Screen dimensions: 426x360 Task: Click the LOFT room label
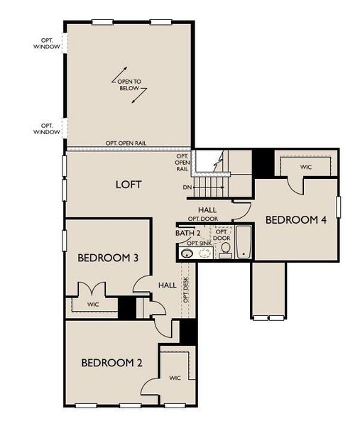[x=129, y=185]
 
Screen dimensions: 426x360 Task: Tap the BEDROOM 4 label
[x=296, y=220]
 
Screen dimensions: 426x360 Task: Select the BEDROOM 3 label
[x=107, y=258]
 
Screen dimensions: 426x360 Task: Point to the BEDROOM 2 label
[x=111, y=363]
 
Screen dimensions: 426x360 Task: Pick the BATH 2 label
[x=188, y=233]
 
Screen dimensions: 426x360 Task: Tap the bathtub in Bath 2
[x=243, y=242]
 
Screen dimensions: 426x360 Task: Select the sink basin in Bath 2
[x=187, y=253]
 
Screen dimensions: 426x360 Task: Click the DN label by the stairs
[x=188, y=188]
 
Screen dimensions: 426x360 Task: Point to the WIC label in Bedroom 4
[x=306, y=168]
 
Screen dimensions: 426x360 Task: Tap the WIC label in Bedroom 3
[x=93, y=305]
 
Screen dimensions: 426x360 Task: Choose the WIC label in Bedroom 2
[x=175, y=378]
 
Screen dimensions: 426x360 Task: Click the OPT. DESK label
[x=186, y=289]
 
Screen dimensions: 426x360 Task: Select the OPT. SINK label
[x=199, y=244]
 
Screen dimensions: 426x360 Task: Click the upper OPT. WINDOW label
[x=47, y=43]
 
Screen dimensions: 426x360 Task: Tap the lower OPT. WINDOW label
[x=47, y=128]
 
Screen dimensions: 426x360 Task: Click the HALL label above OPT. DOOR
[x=207, y=209]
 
